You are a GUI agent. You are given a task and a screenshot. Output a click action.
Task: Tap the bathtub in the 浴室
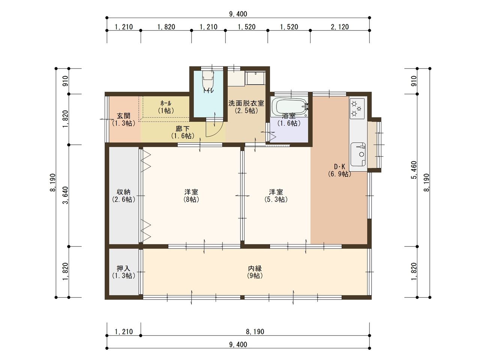pyautogui.click(x=289, y=107)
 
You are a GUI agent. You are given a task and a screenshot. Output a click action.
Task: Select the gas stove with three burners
pyautogui.click(x=357, y=108)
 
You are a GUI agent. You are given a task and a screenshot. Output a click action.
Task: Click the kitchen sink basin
pyautogui.click(x=358, y=154)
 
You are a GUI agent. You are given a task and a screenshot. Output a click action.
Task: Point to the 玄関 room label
pyautogui.click(x=123, y=119)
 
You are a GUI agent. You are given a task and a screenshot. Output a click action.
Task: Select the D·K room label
pyautogui.click(x=340, y=170)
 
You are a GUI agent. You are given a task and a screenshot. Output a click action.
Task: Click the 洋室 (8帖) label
pyautogui.click(x=191, y=195)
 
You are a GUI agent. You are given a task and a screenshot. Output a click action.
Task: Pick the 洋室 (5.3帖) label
pyautogui.click(x=276, y=195)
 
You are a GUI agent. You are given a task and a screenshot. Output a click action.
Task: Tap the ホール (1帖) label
pyautogui.click(x=166, y=106)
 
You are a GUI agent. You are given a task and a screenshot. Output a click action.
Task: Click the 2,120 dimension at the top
pyautogui.click(x=340, y=27)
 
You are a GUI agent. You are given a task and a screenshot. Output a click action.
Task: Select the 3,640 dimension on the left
pyautogui.click(x=65, y=195)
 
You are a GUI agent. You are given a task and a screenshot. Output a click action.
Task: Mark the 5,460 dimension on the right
pyautogui.click(x=414, y=170)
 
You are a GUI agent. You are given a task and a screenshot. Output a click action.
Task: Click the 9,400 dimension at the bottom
pyautogui.click(x=238, y=345)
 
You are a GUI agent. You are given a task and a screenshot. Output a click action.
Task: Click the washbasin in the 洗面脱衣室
pyautogui.click(x=255, y=78)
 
